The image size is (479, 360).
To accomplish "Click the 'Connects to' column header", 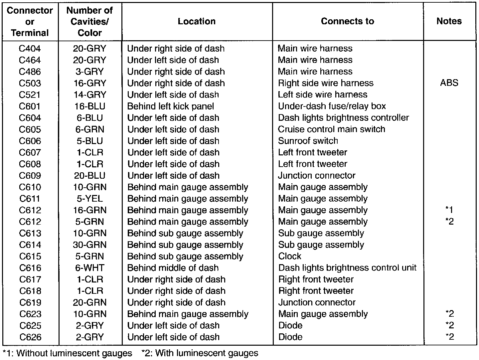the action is (x=347, y=21).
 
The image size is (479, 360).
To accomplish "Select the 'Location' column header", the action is (x=197, y=21).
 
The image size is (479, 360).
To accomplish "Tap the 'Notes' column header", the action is (x=449, y=21).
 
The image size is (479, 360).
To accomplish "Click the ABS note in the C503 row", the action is (x=449, y=83).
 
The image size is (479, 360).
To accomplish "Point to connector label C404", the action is (x=30, y=49).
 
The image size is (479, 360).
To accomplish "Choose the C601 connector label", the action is (x=30, y=106).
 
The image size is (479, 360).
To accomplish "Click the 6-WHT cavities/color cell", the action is (x=89, y=268).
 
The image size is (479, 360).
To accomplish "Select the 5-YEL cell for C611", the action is (x=89, y=199).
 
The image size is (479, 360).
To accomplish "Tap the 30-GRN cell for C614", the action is (x=89, y=245).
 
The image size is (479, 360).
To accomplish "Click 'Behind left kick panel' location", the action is (x=171, y=106).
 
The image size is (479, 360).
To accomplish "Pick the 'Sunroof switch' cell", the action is (x=308, y=141).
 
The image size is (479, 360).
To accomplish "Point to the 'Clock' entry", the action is (x=290, y=256).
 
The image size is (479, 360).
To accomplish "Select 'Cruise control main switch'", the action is (x=331, y=129).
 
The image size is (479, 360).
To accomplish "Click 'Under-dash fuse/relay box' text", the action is (x=332, y=106).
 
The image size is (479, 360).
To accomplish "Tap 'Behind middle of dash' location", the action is (x=173, y=268).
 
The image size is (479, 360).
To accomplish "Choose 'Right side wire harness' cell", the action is (x=326, y=83).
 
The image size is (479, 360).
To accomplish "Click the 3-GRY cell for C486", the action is (x=89, y=72).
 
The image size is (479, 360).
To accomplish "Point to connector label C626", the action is (x=30, y=337).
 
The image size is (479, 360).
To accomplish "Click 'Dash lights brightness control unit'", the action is (x=347, y=268).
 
